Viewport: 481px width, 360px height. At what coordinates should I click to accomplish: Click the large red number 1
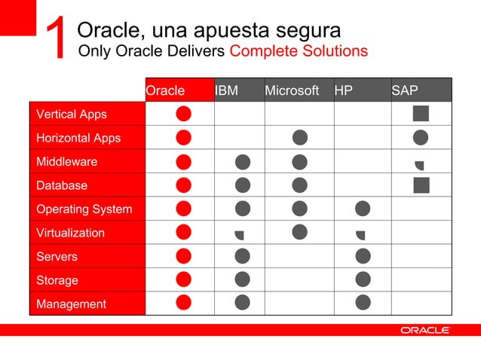(x=57, y=38)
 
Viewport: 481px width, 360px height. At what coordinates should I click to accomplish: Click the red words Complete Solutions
(x=299, y=51)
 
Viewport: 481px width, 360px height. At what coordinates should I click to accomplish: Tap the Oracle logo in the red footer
(x=424, y=330)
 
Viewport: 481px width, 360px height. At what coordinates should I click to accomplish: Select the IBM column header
(x=227, y=90)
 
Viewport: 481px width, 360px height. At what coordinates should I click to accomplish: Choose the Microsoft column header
(x=292, y=90)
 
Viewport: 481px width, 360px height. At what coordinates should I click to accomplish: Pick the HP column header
(x=344, y=90)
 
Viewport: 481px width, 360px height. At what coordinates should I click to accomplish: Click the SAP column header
(x=405, y=90)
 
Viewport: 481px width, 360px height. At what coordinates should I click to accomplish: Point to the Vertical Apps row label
(x=72, y=114)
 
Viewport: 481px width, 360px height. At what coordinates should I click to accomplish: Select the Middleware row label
(x=67, y=161)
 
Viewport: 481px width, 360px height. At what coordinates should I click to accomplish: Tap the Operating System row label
(x=84, y=209)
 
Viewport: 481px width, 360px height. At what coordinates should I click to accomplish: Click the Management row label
(x=71, y=304)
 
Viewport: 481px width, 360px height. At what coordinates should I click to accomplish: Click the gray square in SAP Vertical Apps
(x=421, y=114)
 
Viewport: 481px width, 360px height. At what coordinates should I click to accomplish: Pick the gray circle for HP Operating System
(x=363, y=209)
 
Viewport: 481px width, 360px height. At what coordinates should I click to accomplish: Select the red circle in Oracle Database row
(x=183, y=185)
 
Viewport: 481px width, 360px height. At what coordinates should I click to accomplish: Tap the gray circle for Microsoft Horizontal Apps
(x=299, y=137)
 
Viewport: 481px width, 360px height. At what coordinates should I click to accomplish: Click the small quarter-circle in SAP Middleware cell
(x=420, y=164)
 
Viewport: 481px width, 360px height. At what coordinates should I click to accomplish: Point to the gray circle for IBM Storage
(x=242, y=279)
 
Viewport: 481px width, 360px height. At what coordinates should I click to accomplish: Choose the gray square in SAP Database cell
(x=421, y=185)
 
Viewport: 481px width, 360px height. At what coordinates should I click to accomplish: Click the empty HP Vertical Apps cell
(x=362, y=114)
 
